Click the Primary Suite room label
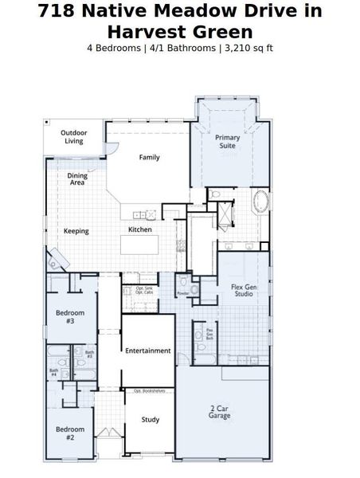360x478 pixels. tap(227, 142)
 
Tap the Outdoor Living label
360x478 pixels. tap(73, 136)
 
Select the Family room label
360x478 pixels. tap(149, 157)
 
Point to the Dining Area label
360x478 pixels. tap(77, 178)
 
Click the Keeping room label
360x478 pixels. tap(76, 231)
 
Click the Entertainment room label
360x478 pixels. tap(147, 351)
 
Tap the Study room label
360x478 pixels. tap(149, 420)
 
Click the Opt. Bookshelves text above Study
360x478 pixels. tap(149, 390)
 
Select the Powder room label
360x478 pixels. tap(182, 292)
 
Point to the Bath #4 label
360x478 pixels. tap(53, 371)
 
